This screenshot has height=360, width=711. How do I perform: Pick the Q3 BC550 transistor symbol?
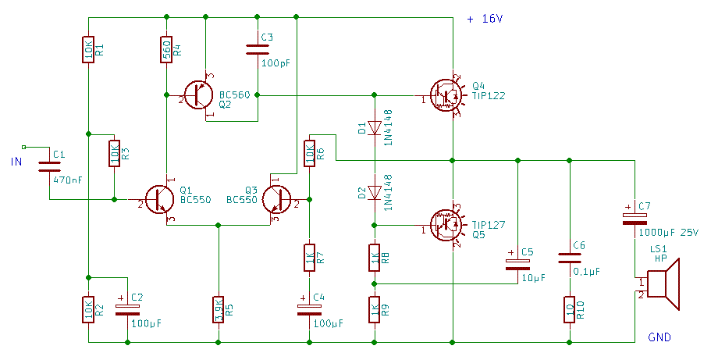pos(276,200)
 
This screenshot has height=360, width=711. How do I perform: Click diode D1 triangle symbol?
pos(375,127)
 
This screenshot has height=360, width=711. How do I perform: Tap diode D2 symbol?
pos(375,192)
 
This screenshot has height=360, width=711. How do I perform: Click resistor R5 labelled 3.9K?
pos(219,308)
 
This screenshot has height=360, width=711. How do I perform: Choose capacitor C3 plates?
pos(258,48)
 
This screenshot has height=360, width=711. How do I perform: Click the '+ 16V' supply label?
pos(485,20)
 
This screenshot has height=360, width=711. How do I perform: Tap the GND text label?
pos(659,337)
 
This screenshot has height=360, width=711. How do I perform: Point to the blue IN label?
pos(16,162)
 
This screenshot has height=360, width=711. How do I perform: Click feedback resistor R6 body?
pos(310,153)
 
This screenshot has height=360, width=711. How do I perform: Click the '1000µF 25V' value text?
pos(668,232)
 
